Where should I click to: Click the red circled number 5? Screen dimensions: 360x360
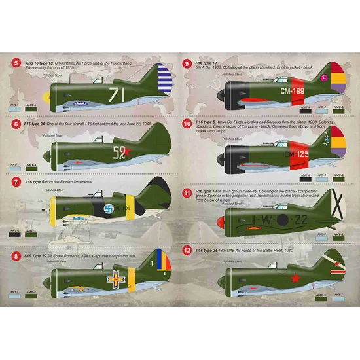pos(16,64)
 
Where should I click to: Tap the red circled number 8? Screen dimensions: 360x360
pos(16,256)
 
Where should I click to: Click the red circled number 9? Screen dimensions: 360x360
pos(187,64)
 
